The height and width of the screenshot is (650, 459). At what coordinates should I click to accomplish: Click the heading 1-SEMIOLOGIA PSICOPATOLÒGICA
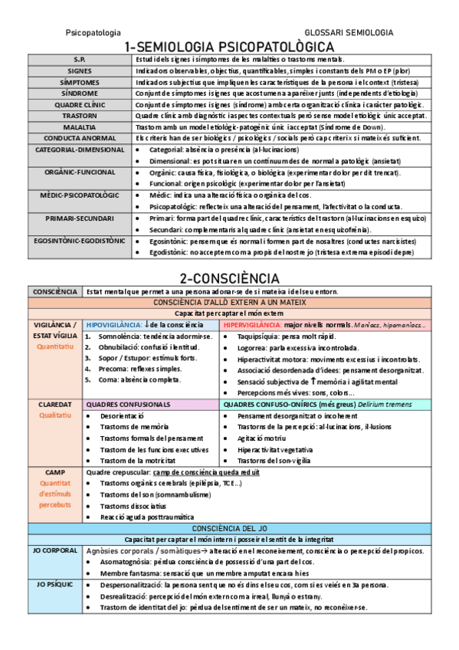tap(229, 48)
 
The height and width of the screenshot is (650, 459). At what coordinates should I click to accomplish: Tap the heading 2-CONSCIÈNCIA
tap(229, 277)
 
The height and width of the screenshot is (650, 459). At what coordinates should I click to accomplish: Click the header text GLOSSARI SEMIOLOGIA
tap(349, 33)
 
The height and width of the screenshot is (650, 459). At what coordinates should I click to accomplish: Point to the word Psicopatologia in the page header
tap(93, 33)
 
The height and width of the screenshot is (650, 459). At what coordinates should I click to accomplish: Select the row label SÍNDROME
tap(80, 93)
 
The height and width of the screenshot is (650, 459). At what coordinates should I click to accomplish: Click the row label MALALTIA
tap(80, 126)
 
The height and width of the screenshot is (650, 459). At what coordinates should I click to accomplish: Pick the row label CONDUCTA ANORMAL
tap(80, 138)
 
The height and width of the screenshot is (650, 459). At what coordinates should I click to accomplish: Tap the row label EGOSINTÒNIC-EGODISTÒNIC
tap(80, 240)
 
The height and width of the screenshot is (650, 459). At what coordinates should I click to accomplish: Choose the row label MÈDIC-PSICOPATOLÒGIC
tap(80, 195)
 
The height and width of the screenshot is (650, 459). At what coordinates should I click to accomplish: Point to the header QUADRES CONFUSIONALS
tap(128, 403)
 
